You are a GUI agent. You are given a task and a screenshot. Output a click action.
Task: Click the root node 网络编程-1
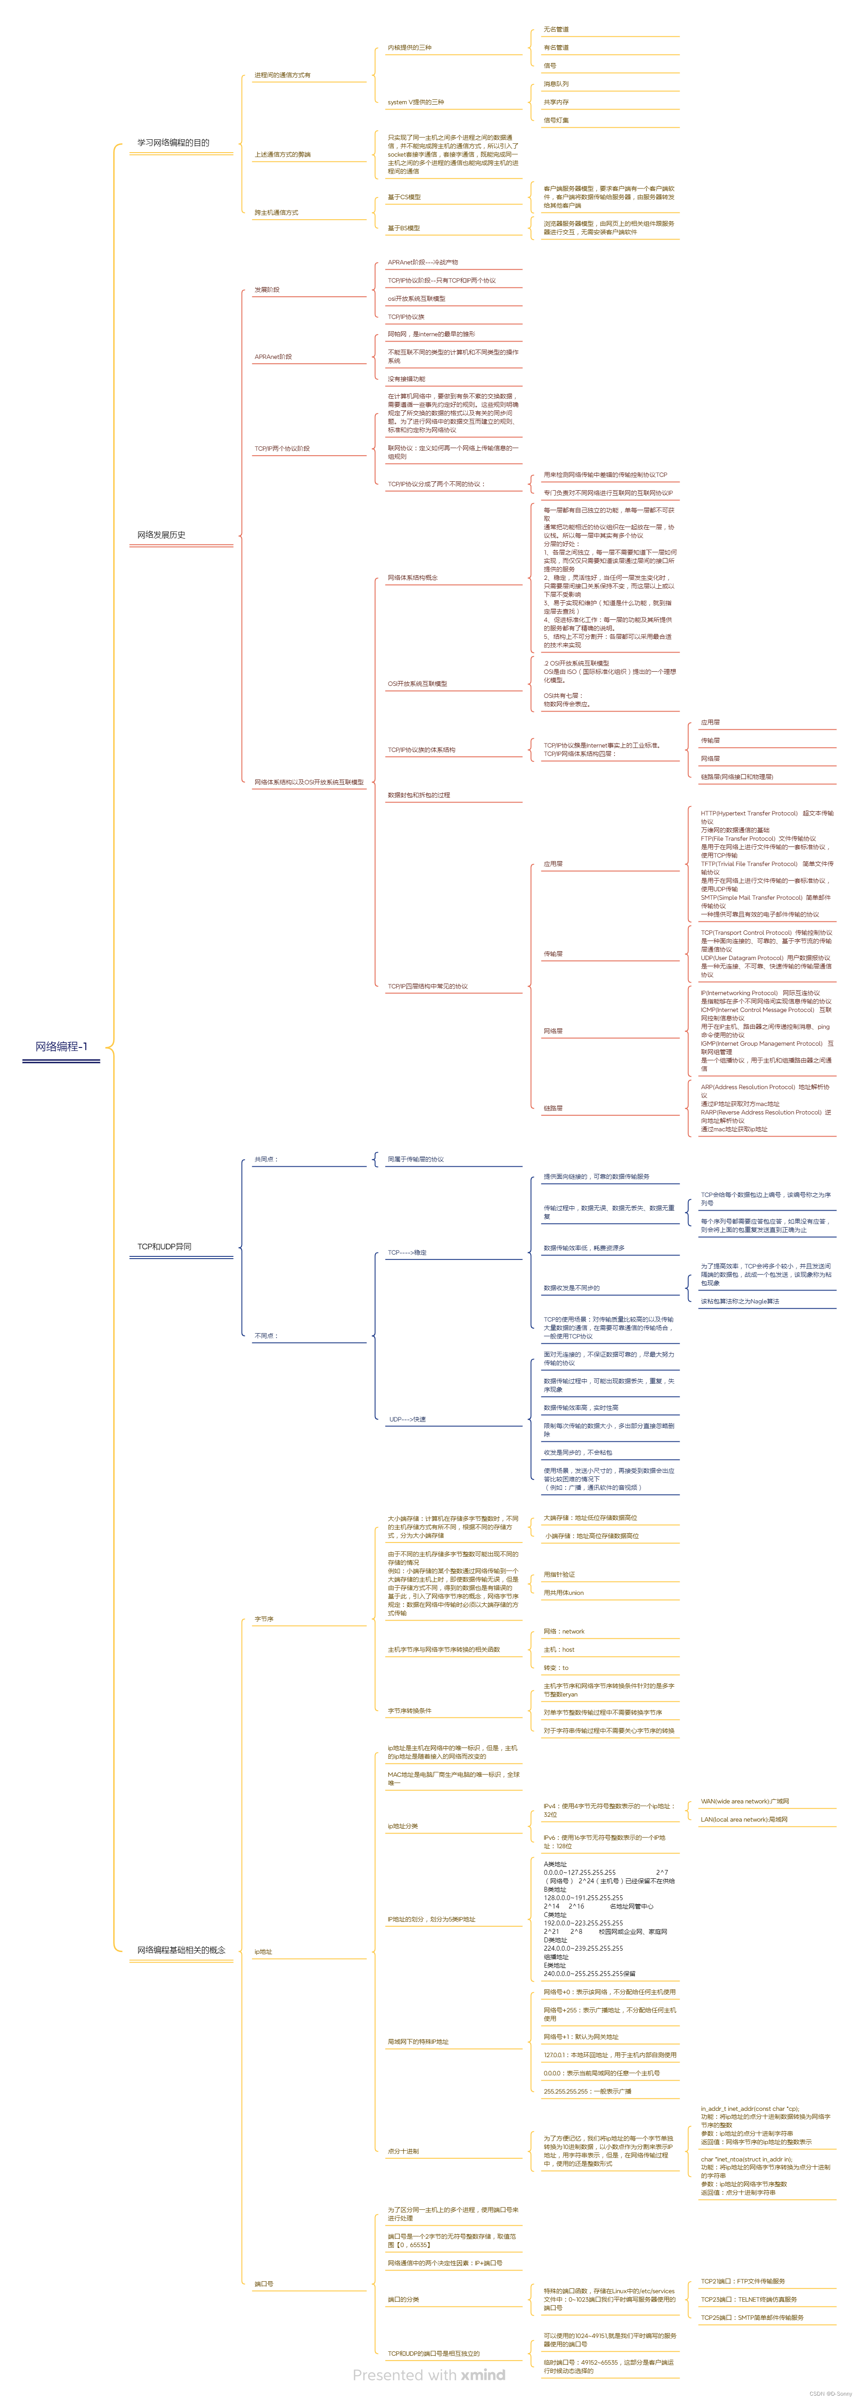[62, 1047]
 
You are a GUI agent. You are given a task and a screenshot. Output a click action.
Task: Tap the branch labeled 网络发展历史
[161, 535]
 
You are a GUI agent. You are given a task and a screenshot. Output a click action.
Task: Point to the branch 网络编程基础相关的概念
[181, 1950]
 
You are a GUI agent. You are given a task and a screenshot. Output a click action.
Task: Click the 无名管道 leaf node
[557, 30]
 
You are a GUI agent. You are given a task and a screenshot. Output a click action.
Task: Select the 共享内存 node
[557, 102]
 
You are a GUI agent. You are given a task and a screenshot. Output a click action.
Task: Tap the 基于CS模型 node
[405, 197]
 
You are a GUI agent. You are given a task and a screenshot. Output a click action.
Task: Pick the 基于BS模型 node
[404, 228]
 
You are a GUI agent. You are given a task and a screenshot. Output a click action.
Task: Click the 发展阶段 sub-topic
[268, 290]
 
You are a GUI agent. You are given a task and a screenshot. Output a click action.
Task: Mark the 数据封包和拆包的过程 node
[419, 795]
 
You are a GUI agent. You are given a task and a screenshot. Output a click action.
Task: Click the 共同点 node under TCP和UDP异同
[267, 1160]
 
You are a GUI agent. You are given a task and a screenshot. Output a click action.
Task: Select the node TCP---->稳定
[408, 1253]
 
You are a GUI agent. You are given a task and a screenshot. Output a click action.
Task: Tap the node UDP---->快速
[408, 1420]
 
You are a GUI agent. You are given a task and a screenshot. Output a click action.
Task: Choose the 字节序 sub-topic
[265, 1619]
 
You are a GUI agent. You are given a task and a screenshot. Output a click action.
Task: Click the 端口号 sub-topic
[265, 2283]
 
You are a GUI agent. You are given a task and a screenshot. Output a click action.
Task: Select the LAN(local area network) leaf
[744, 1819]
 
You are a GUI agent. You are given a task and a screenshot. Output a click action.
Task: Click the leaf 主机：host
[560, 1650]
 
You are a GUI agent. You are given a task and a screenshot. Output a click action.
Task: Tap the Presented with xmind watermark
[429, 2375]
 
